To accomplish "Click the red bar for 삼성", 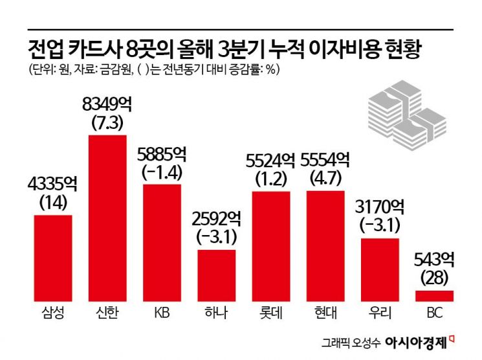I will pos(53,258).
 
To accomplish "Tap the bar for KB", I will pos(162,242).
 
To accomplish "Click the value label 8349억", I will pos(107,104).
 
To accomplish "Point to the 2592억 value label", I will pos(216,218).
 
